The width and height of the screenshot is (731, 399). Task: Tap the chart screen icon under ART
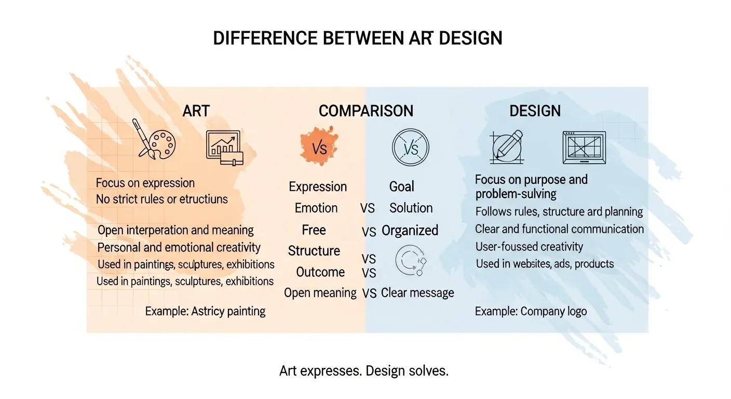[x=224, y=148]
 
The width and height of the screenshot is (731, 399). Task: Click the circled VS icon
[x=410, y=148]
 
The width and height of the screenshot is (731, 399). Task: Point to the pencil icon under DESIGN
[x=506, y=147]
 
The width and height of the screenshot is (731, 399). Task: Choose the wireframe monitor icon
[x=584, y=148]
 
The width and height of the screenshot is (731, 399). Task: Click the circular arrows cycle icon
[x=410, y=260]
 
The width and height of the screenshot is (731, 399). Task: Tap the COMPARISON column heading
[x=365, y=111]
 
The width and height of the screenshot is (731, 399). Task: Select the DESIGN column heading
[x=535, y=111]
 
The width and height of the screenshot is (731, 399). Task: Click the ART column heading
[x=196, y=111]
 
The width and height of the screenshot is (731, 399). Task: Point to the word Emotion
[x=316, y=208]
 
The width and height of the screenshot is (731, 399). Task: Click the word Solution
[x=411, y=208]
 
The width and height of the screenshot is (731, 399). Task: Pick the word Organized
[x=410, y=230]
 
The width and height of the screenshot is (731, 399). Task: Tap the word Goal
[x=402, y=187]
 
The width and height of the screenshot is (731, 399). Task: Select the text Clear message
[x=417, y=292]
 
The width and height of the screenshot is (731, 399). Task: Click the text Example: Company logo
[x=531, y=311]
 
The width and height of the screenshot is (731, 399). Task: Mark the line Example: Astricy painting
[x=205, y=311]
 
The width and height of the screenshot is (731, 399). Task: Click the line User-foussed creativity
[x=529, y=247]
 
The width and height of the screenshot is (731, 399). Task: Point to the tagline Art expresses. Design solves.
[x=363, y=371]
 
